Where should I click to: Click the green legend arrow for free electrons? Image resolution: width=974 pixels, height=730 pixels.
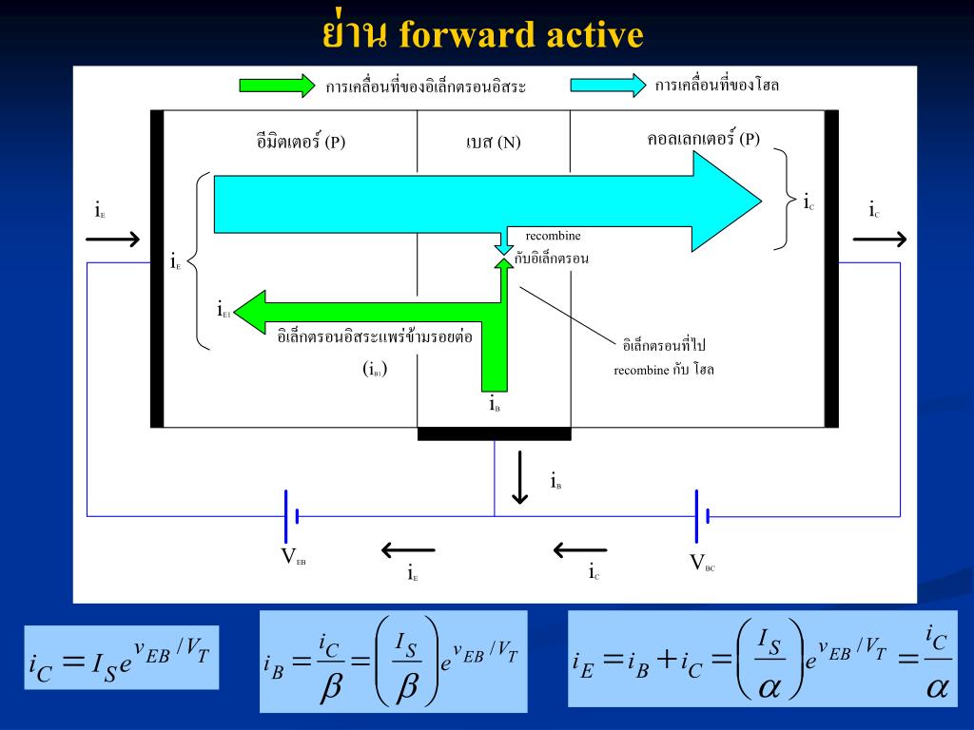tap(276, 86)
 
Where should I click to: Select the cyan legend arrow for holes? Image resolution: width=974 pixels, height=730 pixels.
tap(608, 86)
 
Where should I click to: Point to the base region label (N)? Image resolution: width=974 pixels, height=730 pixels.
tap(493, 143)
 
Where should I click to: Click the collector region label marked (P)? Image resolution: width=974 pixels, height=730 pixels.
tap(703, 139)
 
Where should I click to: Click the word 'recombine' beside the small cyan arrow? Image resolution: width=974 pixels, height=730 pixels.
tap(554, 235)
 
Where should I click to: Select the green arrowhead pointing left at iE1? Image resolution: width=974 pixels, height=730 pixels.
tap(249, 309)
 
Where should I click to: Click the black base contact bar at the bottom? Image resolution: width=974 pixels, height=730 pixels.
tap(494, 434)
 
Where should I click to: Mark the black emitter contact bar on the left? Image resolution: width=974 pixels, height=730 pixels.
tap(157, 268)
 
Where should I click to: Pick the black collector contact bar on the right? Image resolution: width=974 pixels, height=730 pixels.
tap(831, 268)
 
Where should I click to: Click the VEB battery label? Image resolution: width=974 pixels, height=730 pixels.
tap(293, 558)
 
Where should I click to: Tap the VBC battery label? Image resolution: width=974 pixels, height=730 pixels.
tap(702, 563)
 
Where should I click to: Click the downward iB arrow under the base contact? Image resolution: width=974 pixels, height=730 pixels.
tap(519, 477)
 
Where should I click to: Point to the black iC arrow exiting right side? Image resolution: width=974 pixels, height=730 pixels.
tap(879, 240)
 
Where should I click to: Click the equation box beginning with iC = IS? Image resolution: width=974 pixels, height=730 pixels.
tap(122, 658)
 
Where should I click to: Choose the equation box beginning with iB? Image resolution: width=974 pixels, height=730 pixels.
tap(393, 662)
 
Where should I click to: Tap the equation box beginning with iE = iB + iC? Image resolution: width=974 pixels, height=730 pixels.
tap(762, 659)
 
